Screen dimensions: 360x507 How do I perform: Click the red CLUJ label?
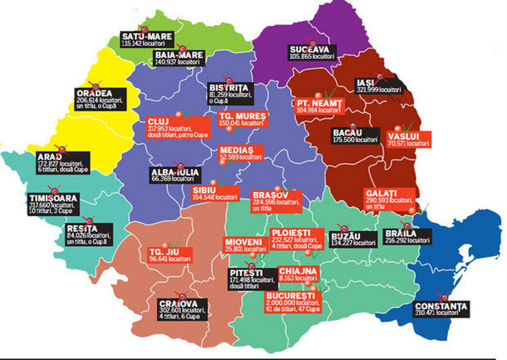coord(159,121)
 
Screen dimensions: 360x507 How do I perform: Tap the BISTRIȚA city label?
coord(225,87)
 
